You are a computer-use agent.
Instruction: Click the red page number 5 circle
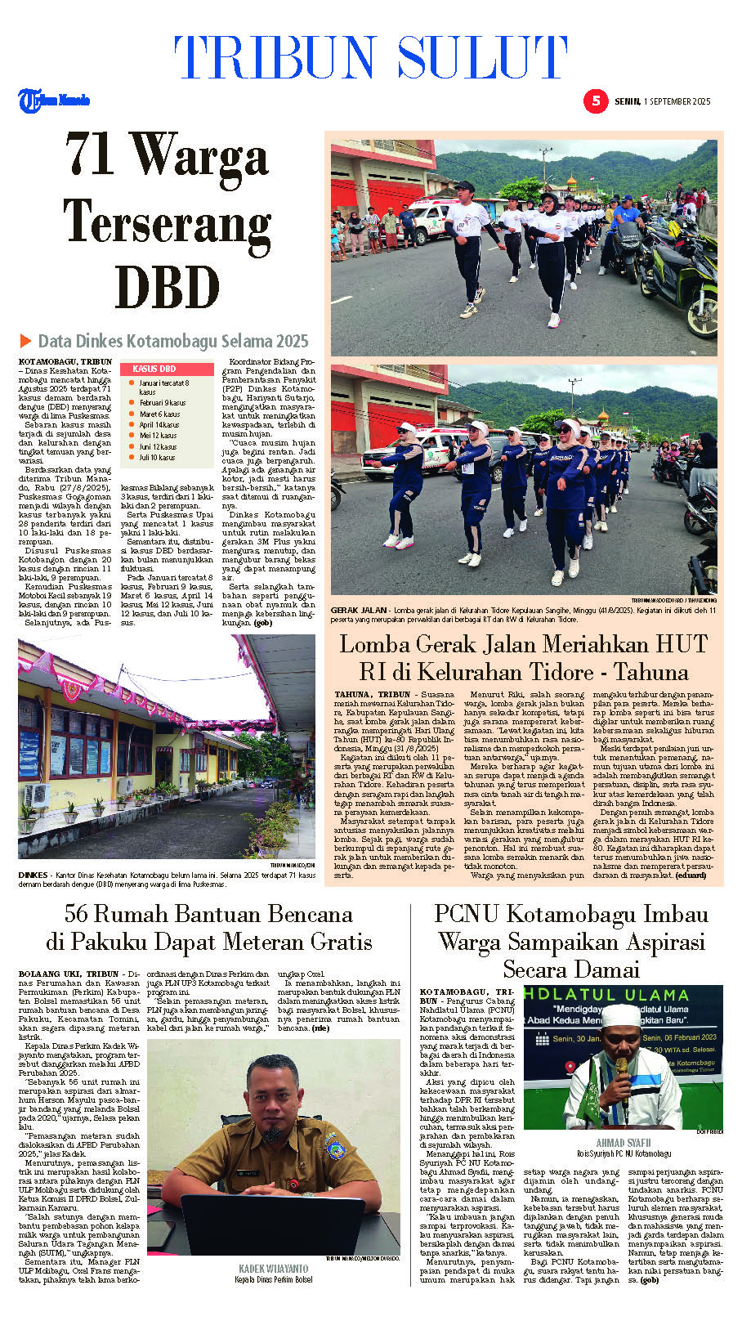pos(596,101)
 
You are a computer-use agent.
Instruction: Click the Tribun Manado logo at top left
pos(54,101)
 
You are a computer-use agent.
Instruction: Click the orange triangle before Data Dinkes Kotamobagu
pos(26,341)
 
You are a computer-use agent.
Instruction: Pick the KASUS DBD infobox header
pos(154,369)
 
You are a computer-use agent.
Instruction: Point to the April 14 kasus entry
pos(159,425)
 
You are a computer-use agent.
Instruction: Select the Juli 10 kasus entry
pos(157,458)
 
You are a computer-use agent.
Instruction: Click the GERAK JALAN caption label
pos(359,611)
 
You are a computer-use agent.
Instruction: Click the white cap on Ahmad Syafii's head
pos(620,1015)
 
